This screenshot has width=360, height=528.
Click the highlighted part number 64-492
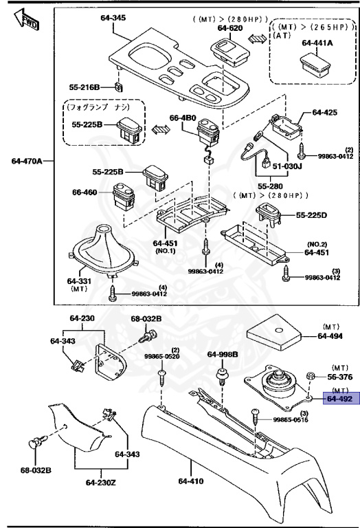339,398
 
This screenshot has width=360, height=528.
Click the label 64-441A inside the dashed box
317,43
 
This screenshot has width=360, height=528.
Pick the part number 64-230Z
101,482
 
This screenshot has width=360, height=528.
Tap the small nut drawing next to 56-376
311,377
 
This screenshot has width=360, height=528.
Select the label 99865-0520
161,357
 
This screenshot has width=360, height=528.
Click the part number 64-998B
223,354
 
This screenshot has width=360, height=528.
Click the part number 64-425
326,111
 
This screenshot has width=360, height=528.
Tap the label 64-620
231,28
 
